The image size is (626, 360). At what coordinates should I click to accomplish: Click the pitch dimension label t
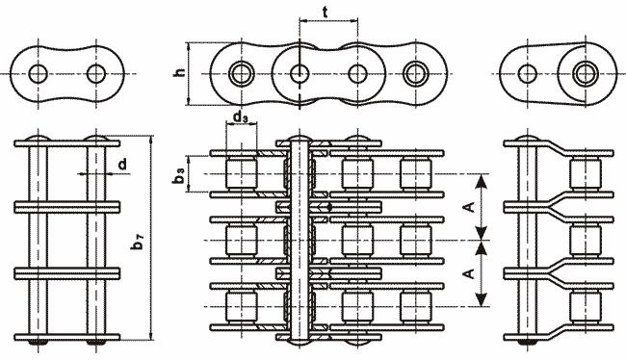click(326, 13)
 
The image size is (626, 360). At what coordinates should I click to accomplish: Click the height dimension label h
click(180, 72)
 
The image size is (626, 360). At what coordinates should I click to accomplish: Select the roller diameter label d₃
click(241, 117)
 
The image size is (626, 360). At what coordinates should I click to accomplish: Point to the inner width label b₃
click(179, 175)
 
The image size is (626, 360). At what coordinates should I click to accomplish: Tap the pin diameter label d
click(122, 164)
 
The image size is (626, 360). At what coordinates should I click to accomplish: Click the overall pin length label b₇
click(138, 242)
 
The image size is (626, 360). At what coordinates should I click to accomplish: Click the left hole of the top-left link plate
click(38, 74)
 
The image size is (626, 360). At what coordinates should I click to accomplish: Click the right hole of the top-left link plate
click(95, 74)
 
